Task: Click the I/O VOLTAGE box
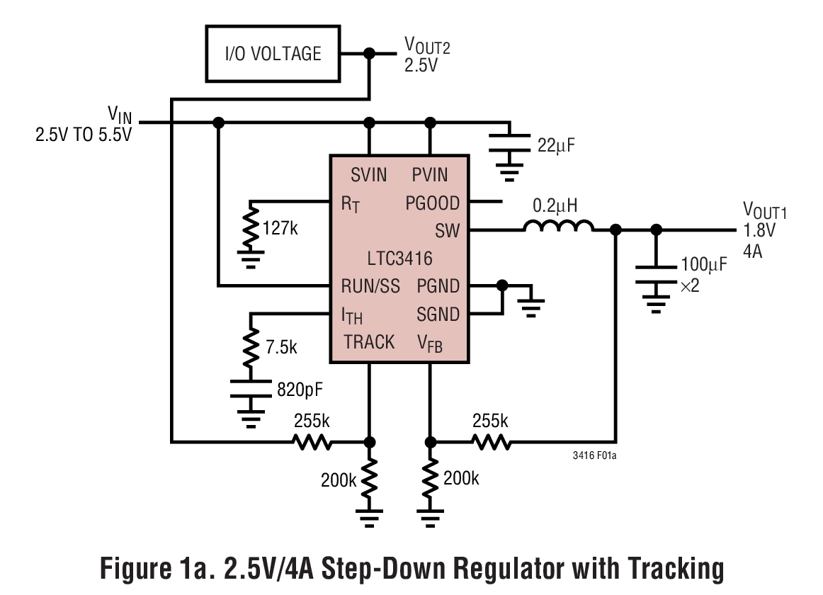coord(273,54)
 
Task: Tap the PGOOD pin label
coord(432,203)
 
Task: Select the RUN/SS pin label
coord(370,286)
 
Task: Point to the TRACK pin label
coord(369,342)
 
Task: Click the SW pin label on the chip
coord(447,230)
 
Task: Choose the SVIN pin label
coord(369,174)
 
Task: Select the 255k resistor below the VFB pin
coord(491,442)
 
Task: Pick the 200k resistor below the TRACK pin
coord(369,480)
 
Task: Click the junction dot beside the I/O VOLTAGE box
coord(368,54)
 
